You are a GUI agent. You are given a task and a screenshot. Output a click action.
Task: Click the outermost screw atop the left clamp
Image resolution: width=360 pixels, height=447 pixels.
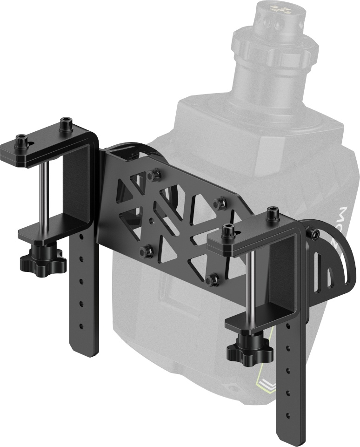(x=21, y=141)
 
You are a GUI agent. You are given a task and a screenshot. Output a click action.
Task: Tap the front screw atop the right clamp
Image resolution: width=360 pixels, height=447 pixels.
(x=228, y=231)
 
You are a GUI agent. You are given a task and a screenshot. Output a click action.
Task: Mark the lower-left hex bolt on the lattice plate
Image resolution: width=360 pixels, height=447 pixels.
(x=146, y=251)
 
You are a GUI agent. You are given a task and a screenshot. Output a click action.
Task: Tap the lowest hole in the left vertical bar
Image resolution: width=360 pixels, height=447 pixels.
(x=82, y=325)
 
